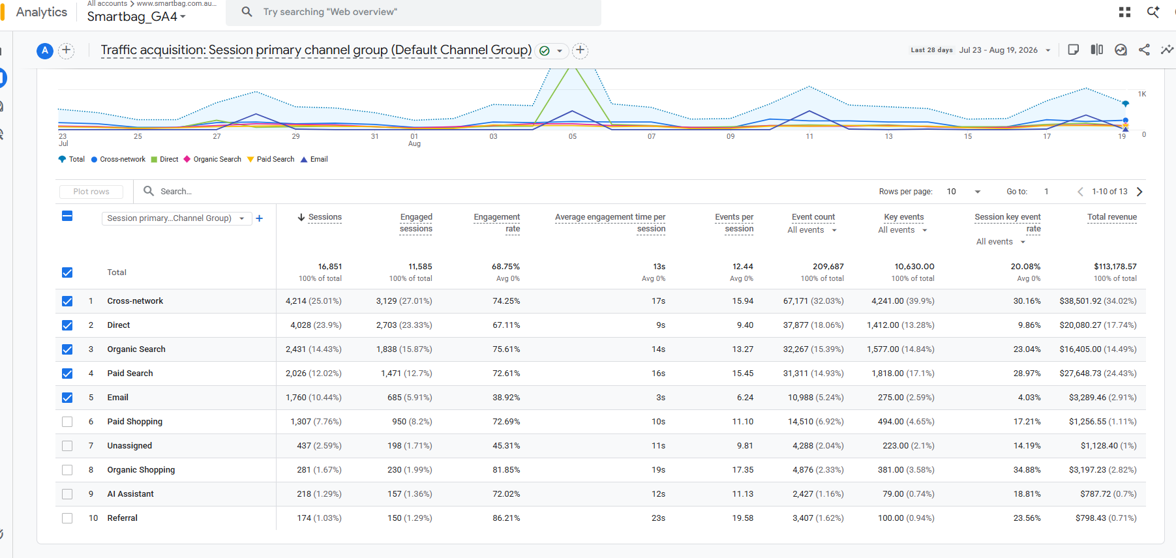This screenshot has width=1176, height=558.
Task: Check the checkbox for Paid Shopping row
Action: [67, 422]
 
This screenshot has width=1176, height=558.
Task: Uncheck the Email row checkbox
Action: [67, 398]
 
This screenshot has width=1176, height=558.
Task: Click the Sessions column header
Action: [325, 217]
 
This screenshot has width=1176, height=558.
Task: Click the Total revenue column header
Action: [1112, 217]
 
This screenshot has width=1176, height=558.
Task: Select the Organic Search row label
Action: [136, 349]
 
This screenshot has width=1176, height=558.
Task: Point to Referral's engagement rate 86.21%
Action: [506, 518]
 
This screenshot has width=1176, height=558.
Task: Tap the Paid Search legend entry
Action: [271, 159]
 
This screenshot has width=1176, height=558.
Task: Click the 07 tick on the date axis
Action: [652, 136]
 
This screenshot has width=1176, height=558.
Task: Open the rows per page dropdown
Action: [964, 192]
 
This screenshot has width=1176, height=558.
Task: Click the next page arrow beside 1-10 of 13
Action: [1139, 192]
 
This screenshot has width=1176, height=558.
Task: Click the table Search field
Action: [176, 192]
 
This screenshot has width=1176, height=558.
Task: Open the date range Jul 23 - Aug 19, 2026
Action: [999, 50]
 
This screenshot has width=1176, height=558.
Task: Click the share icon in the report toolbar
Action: [1144, 50]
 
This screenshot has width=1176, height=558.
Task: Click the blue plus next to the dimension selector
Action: [260, 218]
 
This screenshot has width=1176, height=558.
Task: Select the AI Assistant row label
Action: [130, 494]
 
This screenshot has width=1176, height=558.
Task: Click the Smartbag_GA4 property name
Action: [132, 16]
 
